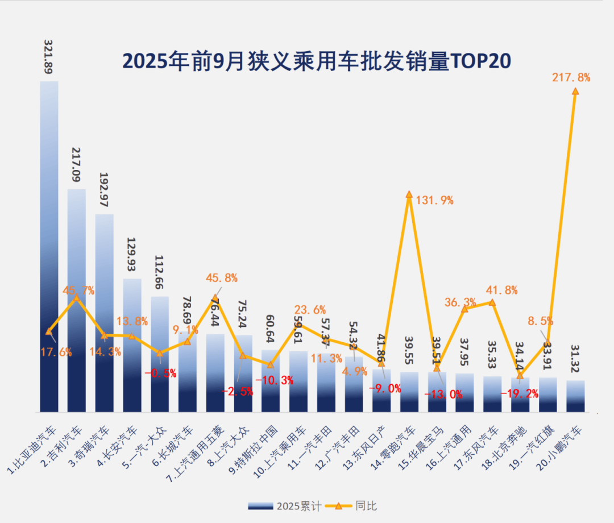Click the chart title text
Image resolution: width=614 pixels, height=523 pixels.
[317, 60]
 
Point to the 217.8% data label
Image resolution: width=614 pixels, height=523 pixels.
[571, 77]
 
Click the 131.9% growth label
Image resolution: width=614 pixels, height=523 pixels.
[434, 200]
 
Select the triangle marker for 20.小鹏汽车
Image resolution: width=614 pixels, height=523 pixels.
[575, 91]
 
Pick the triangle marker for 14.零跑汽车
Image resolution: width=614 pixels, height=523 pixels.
[409, 194]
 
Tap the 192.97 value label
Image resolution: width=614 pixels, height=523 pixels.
[104, 190]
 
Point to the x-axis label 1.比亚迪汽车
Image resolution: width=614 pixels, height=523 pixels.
[34, 449]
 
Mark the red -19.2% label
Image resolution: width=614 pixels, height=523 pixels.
[519, 393]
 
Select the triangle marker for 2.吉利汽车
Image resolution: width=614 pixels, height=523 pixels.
[77, 297]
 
